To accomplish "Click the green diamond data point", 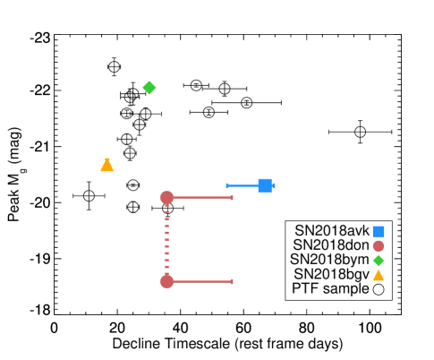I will [x=149, y=88].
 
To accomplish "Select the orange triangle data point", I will [x=107, y=166].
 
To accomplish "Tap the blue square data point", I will [x=265, y=185].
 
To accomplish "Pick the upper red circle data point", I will [x=166, y=197].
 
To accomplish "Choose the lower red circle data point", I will [x=166, y=281].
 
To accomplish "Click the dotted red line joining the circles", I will [x=166, y=239].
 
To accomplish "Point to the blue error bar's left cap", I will [x=227, y=185].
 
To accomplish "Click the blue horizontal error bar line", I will [x=243, y=185].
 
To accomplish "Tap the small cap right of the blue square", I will [x=274, y=185].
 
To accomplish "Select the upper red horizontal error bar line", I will [x=202, y=197].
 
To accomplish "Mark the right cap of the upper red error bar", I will [x=232, y=197].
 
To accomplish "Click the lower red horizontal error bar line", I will [x=202, y=281].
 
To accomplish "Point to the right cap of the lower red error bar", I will [x=232, y=281].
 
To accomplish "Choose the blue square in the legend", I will [x=379, y=231].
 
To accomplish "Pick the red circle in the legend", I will [x=379, y=245].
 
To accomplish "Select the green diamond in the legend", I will [x=379, y=261].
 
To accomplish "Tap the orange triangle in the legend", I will [x=379, y=275].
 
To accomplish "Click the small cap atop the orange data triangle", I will [x=107, y=159].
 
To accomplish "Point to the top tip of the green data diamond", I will [x=149, y=81].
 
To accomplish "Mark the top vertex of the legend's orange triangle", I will [x=379, y=269].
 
